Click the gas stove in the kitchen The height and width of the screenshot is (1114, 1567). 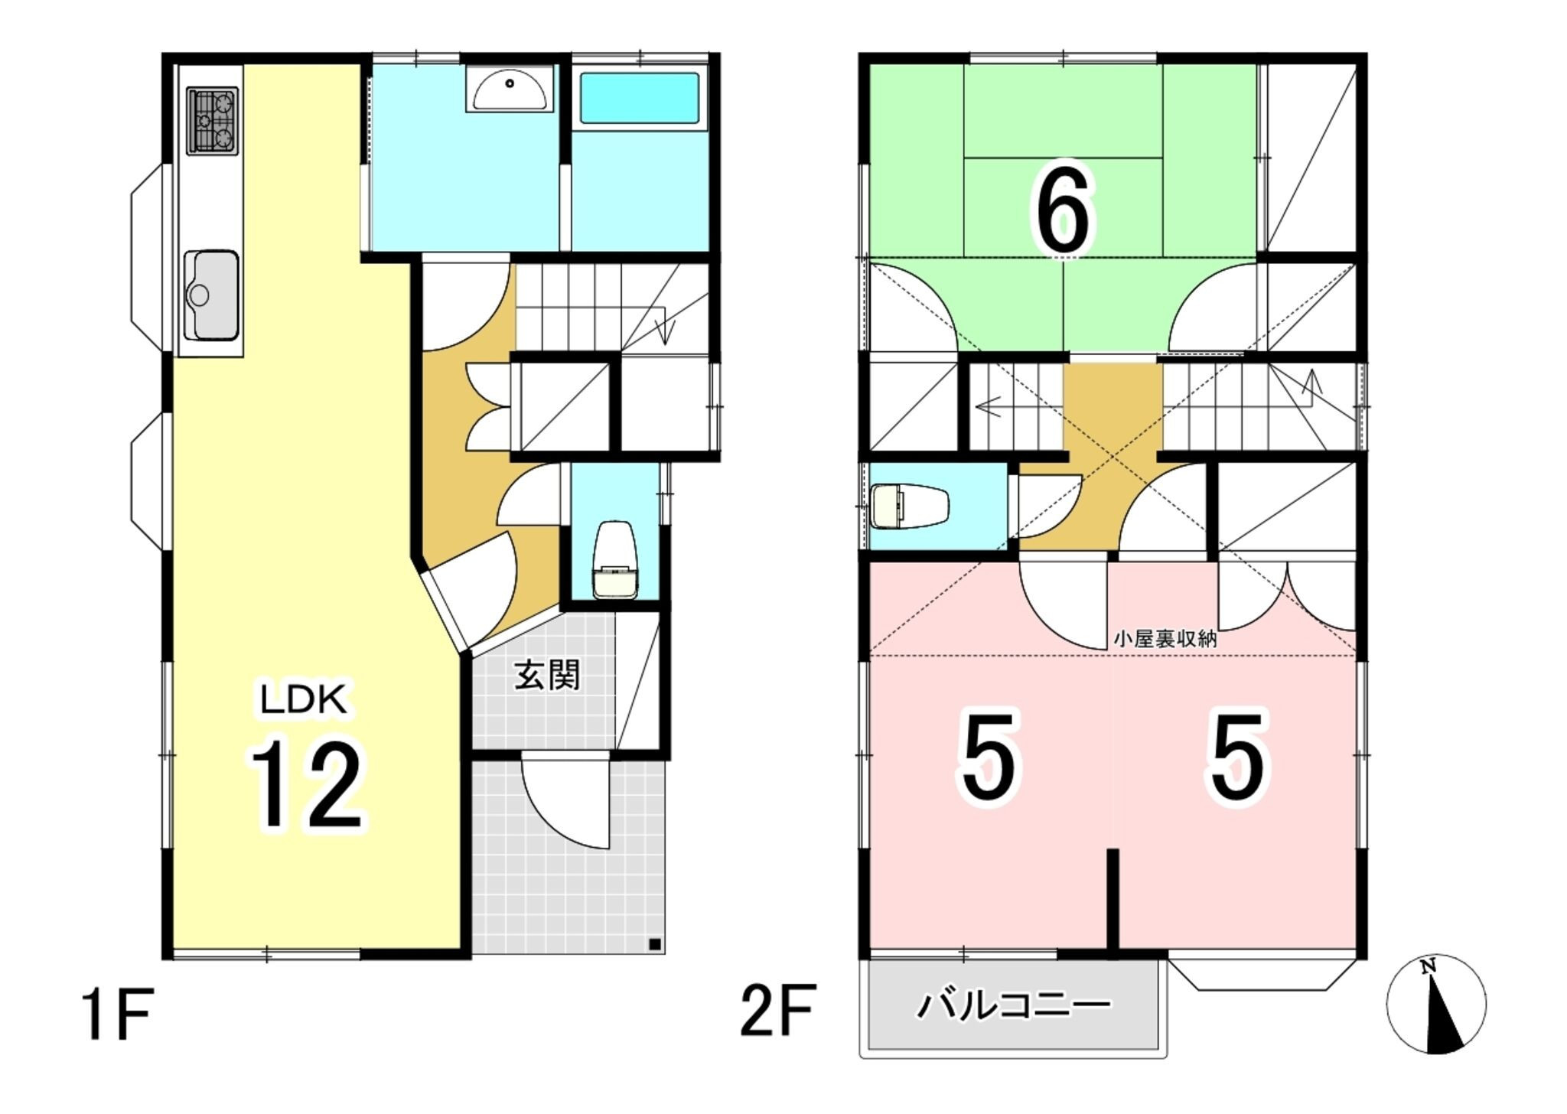[x=213, y=120]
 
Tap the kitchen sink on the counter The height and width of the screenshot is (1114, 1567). [x=212, y=295]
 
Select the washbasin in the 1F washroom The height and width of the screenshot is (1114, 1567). [x=510, y=90]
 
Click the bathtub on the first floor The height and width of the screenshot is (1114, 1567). [x=640, y=99]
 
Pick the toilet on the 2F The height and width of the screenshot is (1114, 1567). [x=909, y=506]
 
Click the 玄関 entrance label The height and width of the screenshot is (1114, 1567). [x=547, y=676]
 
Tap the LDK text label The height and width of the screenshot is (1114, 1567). [x=304, y=699]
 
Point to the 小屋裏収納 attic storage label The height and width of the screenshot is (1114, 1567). [x=1165, y=640]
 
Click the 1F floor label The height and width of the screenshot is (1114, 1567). [x=118, y=1014]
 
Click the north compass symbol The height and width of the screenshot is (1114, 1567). [x=1436, y=1004]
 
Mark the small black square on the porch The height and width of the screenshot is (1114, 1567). [x=654, y=943]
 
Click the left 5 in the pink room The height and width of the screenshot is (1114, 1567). [x=990, y=756]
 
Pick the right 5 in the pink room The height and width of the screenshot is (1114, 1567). [x=1238, y=756]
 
